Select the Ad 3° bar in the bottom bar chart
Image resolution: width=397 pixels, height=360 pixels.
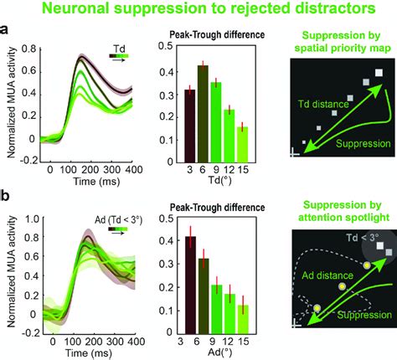pyautogui.click(x=189, y=297)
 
